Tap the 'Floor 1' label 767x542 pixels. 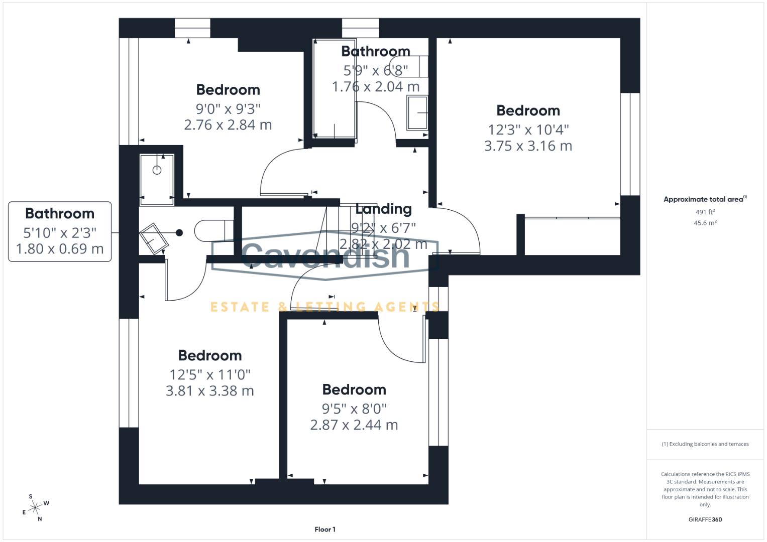(x=325, y=529)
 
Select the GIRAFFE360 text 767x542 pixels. (x=705, y=519)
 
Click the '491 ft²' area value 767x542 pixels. (x=705, y=212)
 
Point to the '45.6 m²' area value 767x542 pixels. (x=705, y=223)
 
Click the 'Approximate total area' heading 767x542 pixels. (x=704, y=199)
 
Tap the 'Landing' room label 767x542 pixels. (x=383, y=209)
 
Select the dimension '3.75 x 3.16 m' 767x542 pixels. (x=528, y=146)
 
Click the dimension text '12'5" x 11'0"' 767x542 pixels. (x=210, y=374)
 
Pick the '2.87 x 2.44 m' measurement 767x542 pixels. (x=354, y=425)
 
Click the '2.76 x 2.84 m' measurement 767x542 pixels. (x=228, y=125)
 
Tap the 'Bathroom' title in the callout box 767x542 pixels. (x=60, y=214)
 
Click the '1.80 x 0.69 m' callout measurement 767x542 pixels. (x=60, y=248)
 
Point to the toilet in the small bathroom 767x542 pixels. (x=213, y=231)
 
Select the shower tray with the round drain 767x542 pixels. (x=157, y=179)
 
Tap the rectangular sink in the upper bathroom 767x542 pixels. (x=417, y=113)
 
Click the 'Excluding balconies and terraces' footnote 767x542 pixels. (x=705, y=444)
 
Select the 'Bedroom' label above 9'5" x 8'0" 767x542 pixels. (x=354, y=389)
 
